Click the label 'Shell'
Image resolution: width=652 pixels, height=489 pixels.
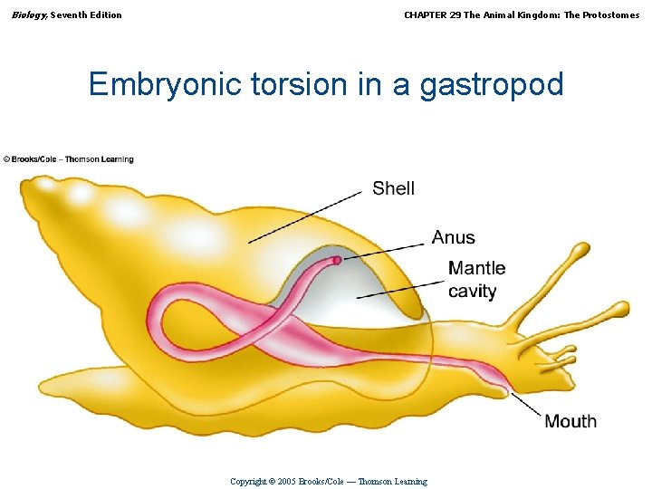tap(393, 188)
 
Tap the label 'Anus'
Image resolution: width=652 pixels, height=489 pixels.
tap(453, 237)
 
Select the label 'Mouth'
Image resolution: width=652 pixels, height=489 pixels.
tap(570, 421)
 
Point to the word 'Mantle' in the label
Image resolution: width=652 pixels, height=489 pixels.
tap(476, 268)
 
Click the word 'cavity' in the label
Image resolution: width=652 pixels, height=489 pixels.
tap(472, 291)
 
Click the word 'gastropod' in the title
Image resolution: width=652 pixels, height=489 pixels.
tap(492, 84)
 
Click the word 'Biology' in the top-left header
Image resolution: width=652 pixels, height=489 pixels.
tap(28, 14)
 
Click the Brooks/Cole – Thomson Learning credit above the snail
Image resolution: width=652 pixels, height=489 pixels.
tap(68, 159)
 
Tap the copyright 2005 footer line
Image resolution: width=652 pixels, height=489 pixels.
tap(328, 481)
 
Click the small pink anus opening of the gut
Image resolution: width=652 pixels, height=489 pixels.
tap(336, 261)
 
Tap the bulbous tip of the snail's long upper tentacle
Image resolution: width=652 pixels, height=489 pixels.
tap(580, 249)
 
